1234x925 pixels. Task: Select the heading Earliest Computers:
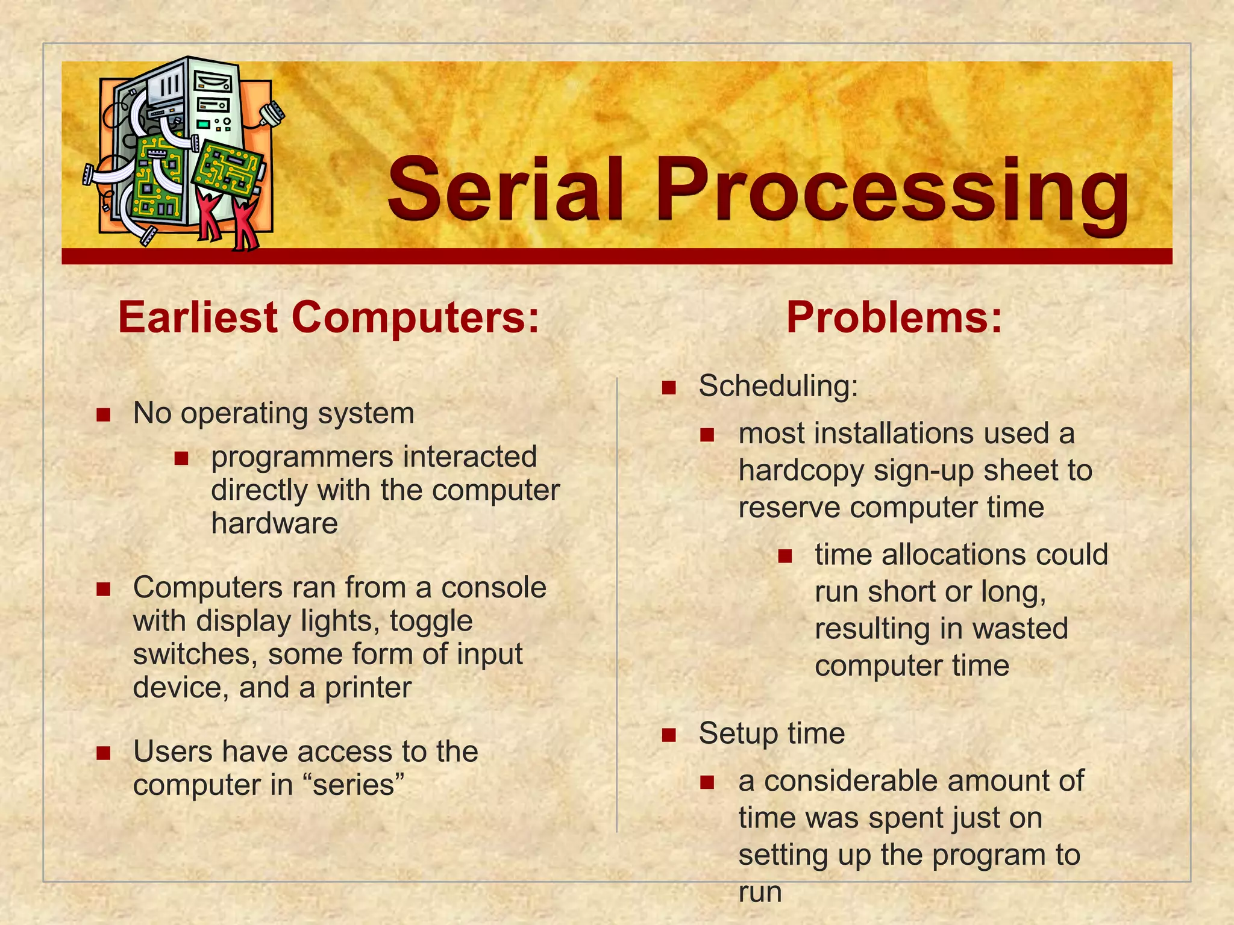point(328,317)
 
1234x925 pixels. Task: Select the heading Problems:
point(894,317)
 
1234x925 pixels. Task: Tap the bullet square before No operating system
point(104,414)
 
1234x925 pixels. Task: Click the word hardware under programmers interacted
point(274,523)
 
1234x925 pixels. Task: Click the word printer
point(368,688)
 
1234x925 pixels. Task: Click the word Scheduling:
point(778,385)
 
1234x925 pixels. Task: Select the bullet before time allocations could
point(785,556)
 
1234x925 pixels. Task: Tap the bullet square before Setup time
point(669,735)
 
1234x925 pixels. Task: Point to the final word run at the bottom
point(760,892)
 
